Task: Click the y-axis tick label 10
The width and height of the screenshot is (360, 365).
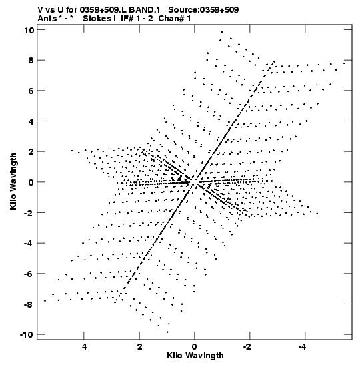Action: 29,30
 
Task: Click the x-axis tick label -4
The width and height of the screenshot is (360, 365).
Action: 302,347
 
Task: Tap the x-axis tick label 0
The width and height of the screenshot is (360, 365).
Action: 195,347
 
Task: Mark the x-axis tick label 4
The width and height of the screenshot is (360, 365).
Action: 84,347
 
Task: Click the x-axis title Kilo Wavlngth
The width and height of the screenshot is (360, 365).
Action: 195,356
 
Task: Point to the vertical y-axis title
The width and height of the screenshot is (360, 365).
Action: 13,181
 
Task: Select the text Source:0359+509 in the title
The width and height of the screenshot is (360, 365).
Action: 203,10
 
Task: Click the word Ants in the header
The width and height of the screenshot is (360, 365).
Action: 47,19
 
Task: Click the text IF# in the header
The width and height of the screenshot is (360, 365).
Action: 127,19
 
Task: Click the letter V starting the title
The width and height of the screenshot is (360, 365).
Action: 40,10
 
